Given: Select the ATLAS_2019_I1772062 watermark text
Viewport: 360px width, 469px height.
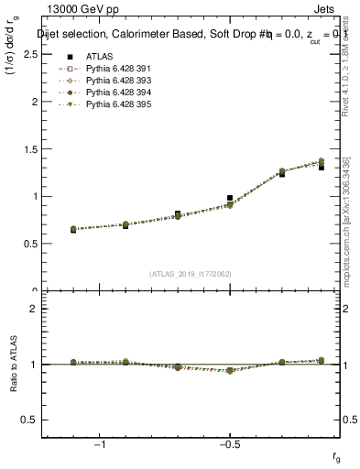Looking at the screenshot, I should click(x=191, y=274).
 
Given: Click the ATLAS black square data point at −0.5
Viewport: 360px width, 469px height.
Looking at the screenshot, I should click(x=230, y=198).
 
